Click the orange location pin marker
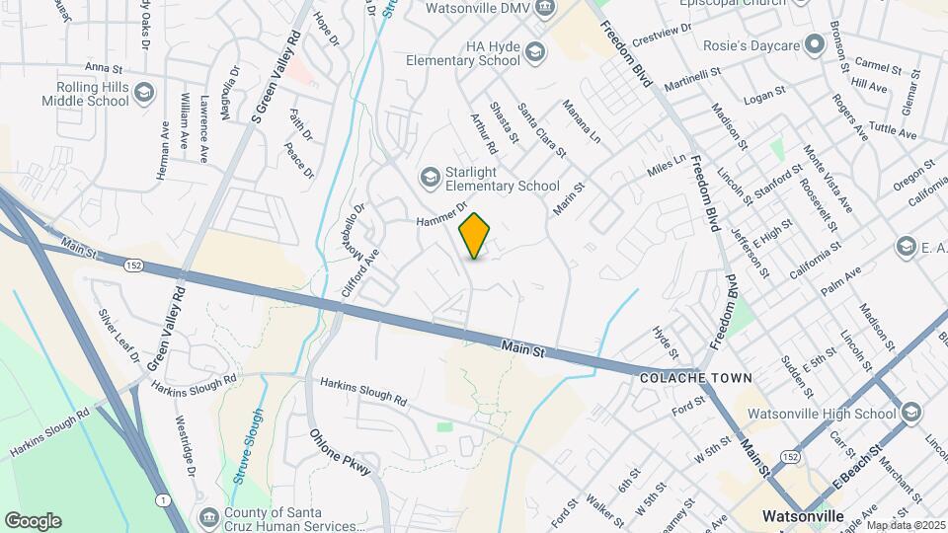pos(474,236)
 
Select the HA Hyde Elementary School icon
pos(535,52)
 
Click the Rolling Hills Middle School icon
pos(144,93)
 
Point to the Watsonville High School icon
pos(910,413)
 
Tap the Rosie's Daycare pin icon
pos(814,44)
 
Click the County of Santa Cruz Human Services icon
pos(208,517)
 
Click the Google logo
pos(33,520)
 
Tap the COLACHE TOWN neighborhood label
pos(695,378)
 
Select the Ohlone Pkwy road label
pos(340,453)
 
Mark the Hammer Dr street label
pos(440,215)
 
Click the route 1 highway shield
pos(159,501)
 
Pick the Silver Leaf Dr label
pos(119,335)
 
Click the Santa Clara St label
pos(541,131)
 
